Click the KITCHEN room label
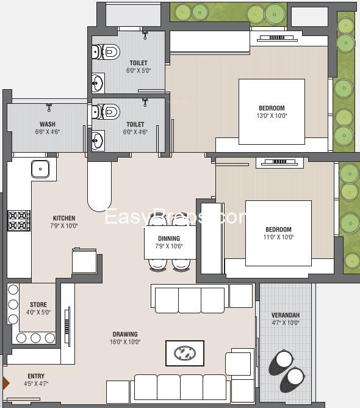click(64, 218)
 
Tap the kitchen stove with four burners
click(19, 220)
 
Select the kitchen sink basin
click(40, 169)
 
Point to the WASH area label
click(48, 124)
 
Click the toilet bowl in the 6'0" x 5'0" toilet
click(107, 51)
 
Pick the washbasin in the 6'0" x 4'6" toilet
click(98, 140)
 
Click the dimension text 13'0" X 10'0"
click(272, 116)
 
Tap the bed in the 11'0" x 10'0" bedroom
click(278, 233)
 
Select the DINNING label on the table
click(169, 238)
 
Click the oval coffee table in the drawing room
click(185, 353)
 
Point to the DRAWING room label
click(125, 334)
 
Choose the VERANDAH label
click(286, 315)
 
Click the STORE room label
click(38, 304)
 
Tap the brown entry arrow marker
click(6, 383)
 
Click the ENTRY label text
click(36, 376)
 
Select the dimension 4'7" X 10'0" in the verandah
click(286, 323)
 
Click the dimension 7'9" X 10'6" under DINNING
click(169, 246)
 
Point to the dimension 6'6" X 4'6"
click(48, 132)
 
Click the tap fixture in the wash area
click(49, 107)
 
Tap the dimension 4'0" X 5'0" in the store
click(38, 312)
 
